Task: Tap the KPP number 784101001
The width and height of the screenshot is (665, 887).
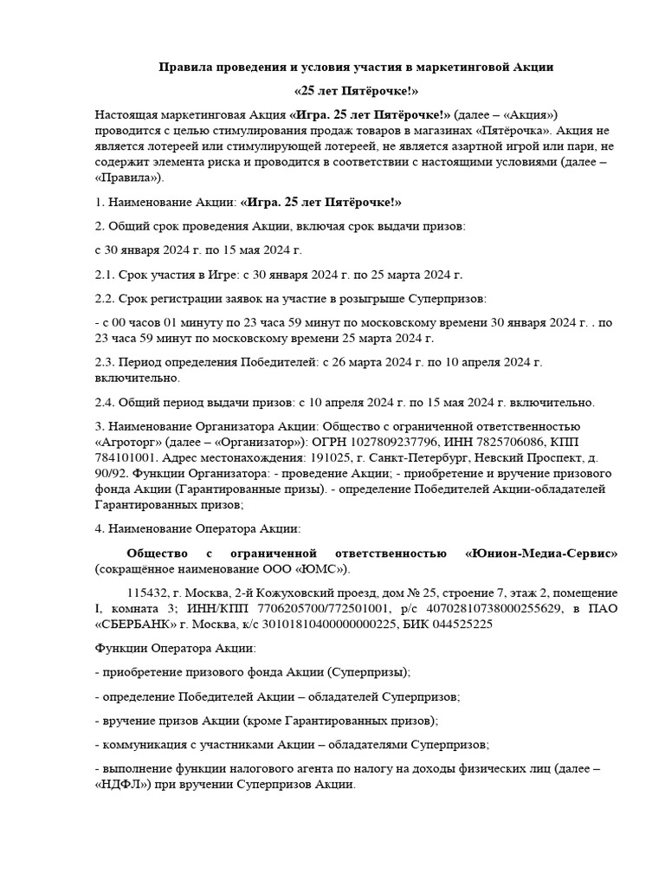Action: [124, 458]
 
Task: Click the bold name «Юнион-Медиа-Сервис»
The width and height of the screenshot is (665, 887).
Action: [542, 553]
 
